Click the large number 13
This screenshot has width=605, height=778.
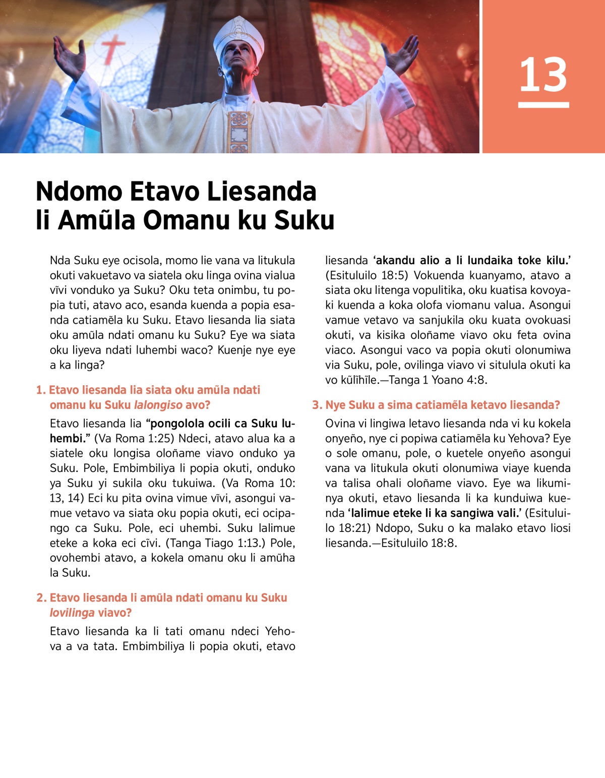click(x=543, y=75)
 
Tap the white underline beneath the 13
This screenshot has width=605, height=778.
click(x=543, y=105)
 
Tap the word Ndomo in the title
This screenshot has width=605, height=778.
click(x=79, y=192)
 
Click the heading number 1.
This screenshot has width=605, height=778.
click(x=40, y=390)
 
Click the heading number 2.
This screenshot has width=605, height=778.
click(x=41, y=597)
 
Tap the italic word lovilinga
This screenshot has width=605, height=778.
click(x=72, y=613)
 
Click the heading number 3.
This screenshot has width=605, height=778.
click(x=316, y=405)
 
